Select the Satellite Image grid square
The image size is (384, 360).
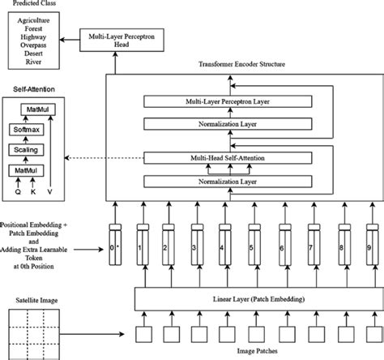(x=32, y=331)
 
